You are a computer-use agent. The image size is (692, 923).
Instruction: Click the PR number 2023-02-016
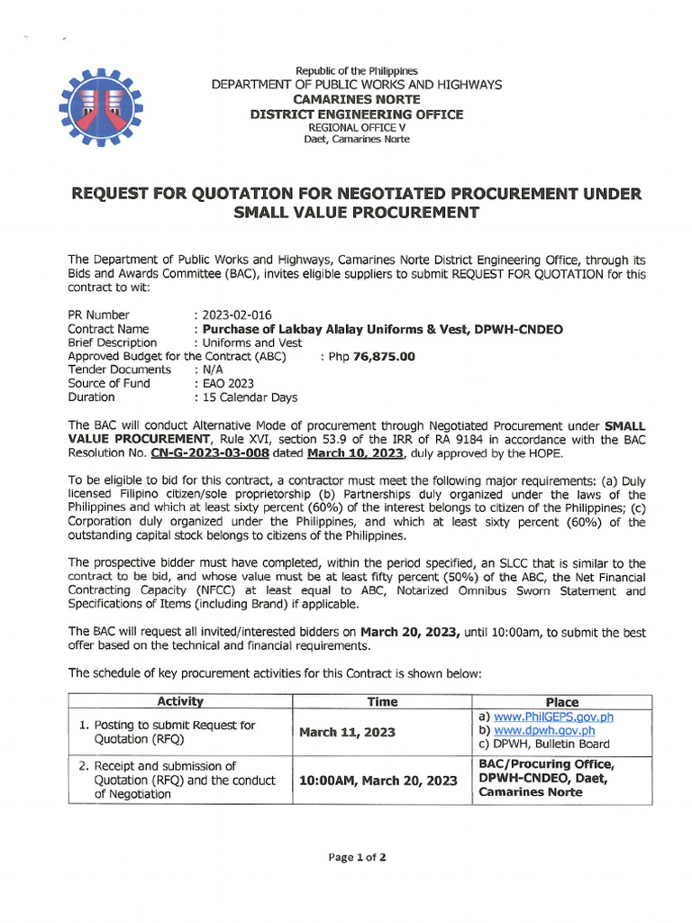[x=232, y=315]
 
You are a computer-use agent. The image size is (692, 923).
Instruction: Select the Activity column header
[x=180, y=701]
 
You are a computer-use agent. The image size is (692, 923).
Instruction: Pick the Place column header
[x=562, y=701]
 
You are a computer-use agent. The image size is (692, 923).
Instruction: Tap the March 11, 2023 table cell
[x=347, y=732]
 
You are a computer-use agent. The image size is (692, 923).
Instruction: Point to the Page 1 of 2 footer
[x=358, y=857]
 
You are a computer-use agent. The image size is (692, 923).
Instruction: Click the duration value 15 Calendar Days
[x=248, y=397]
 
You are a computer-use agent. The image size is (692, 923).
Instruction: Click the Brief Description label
[x=113, y=343]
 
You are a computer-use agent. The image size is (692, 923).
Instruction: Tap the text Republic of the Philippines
[x=357, y=70]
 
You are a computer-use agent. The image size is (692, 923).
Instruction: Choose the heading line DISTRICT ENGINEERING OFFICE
[x=357, y=114]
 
